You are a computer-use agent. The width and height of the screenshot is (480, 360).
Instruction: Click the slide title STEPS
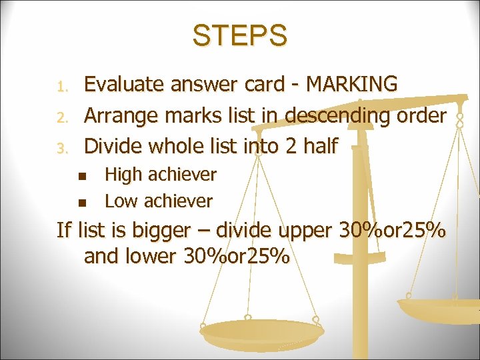coord(240,35)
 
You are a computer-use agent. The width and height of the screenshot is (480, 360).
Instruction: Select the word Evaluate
coord(125,85)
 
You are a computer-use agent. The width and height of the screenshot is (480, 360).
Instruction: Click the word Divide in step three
coord(113,145)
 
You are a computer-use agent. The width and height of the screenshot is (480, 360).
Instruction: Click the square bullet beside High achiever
coord(81,176)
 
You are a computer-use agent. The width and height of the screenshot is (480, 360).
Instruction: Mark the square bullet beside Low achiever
coord(81,202)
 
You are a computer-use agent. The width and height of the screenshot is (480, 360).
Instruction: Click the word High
coord(123,175)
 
